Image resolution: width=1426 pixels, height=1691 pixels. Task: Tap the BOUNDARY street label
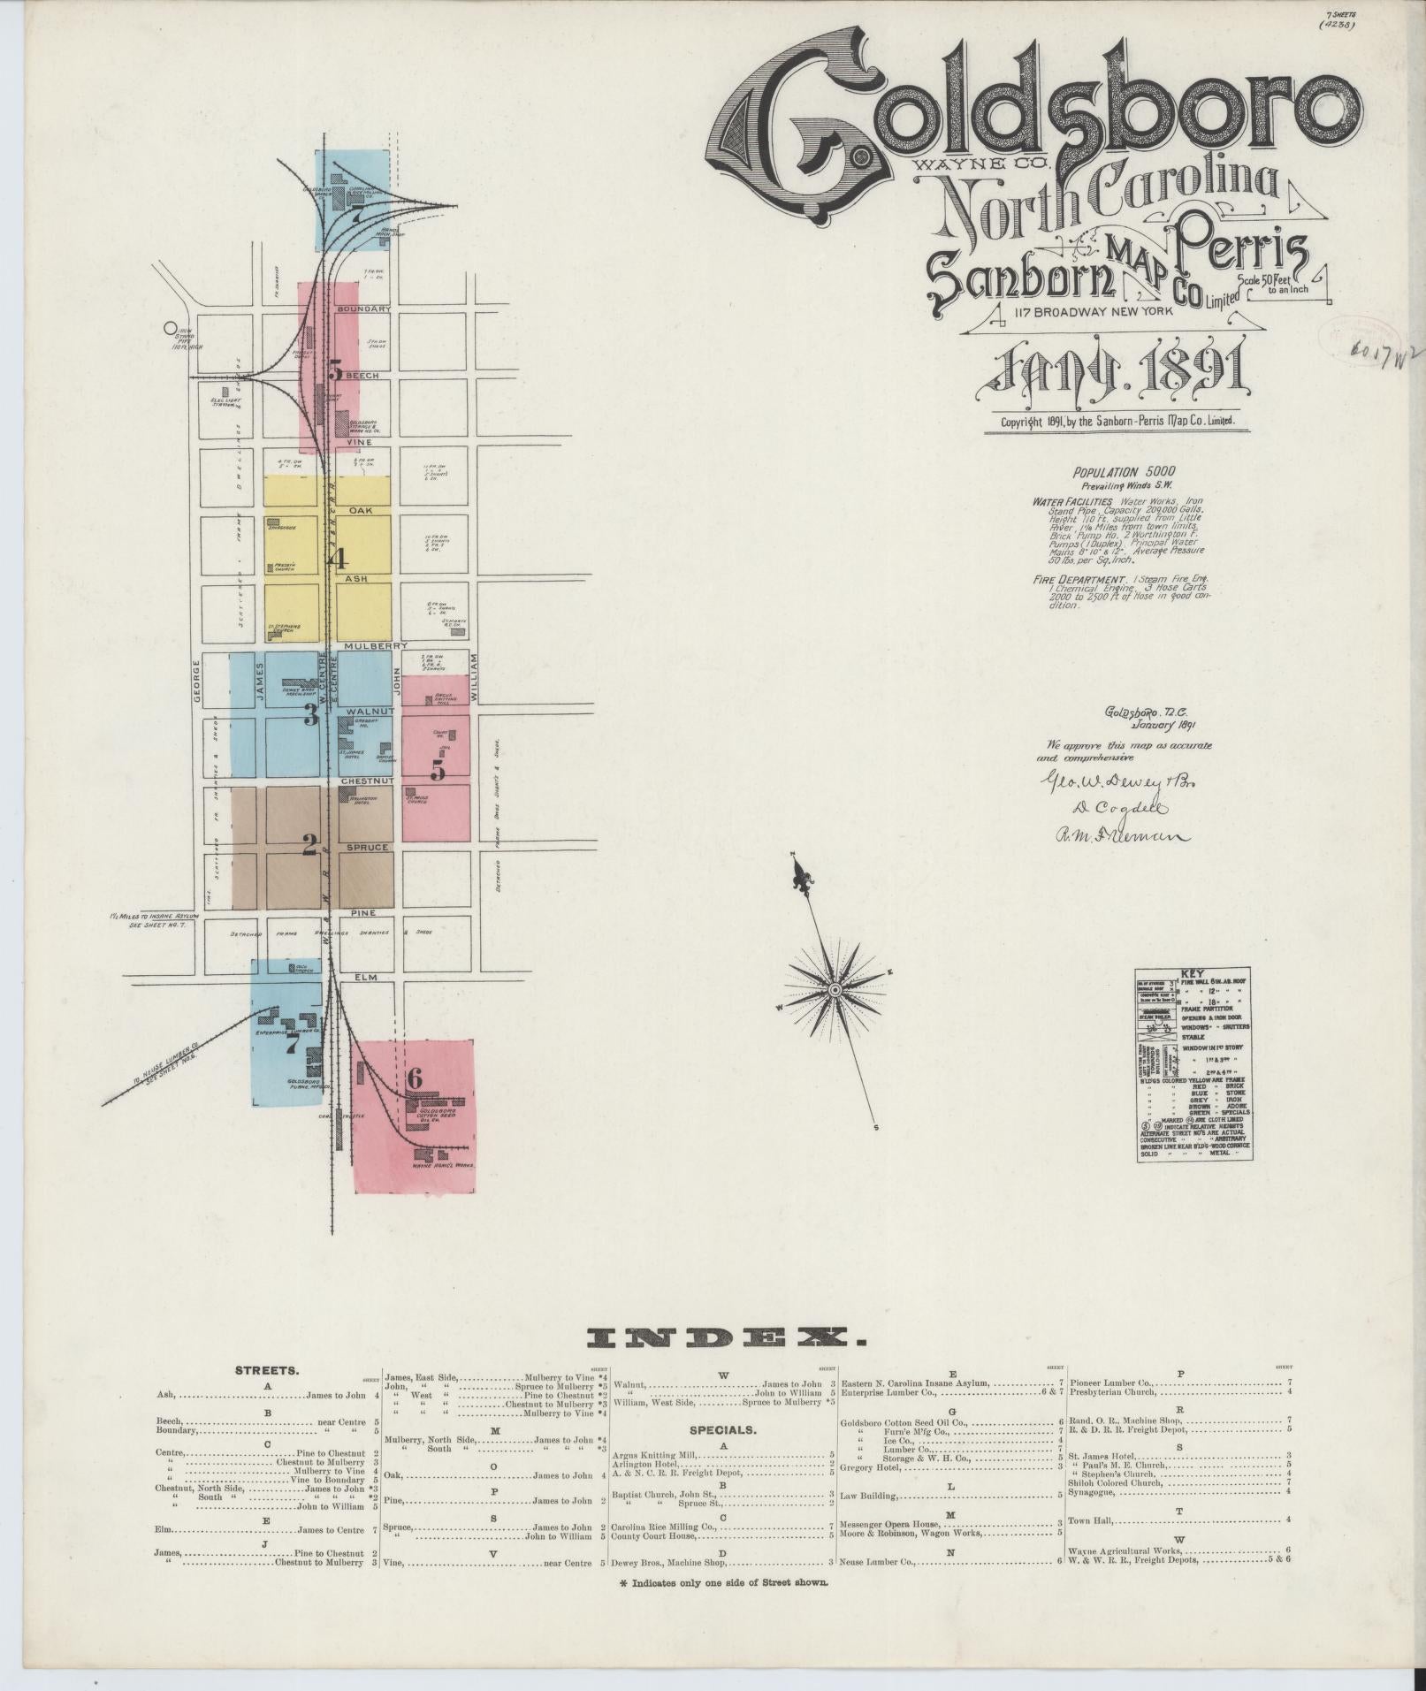[363, 309]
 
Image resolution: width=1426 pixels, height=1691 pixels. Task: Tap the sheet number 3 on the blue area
[310, 715]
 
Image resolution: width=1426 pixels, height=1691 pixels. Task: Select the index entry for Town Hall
[1094, 1520]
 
